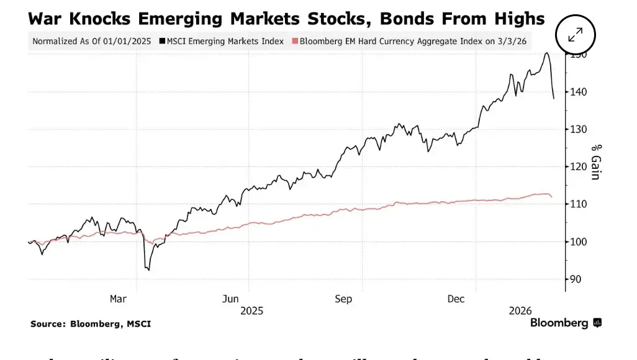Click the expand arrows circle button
click(575, 35)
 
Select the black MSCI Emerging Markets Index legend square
click(162, 42)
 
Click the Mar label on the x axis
click(118, 299)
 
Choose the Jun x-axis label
click(231, 299)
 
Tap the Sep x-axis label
click(343, 299)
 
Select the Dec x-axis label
click(456, 299)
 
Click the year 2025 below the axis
click(252, 310)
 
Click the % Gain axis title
click(595, 162)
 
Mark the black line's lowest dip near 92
click(148, 270)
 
